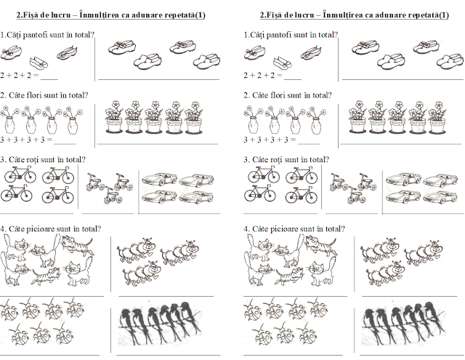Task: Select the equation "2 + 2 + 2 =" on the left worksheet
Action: pyautogui.click(x=20, y=75)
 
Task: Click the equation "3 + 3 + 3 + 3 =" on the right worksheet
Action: pyautogui.click(x=270, y=139)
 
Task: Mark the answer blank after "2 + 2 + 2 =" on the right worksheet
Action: pyautogui.click(x=293, y=76)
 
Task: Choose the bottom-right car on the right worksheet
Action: pyautogui.click(x=442, y=197)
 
